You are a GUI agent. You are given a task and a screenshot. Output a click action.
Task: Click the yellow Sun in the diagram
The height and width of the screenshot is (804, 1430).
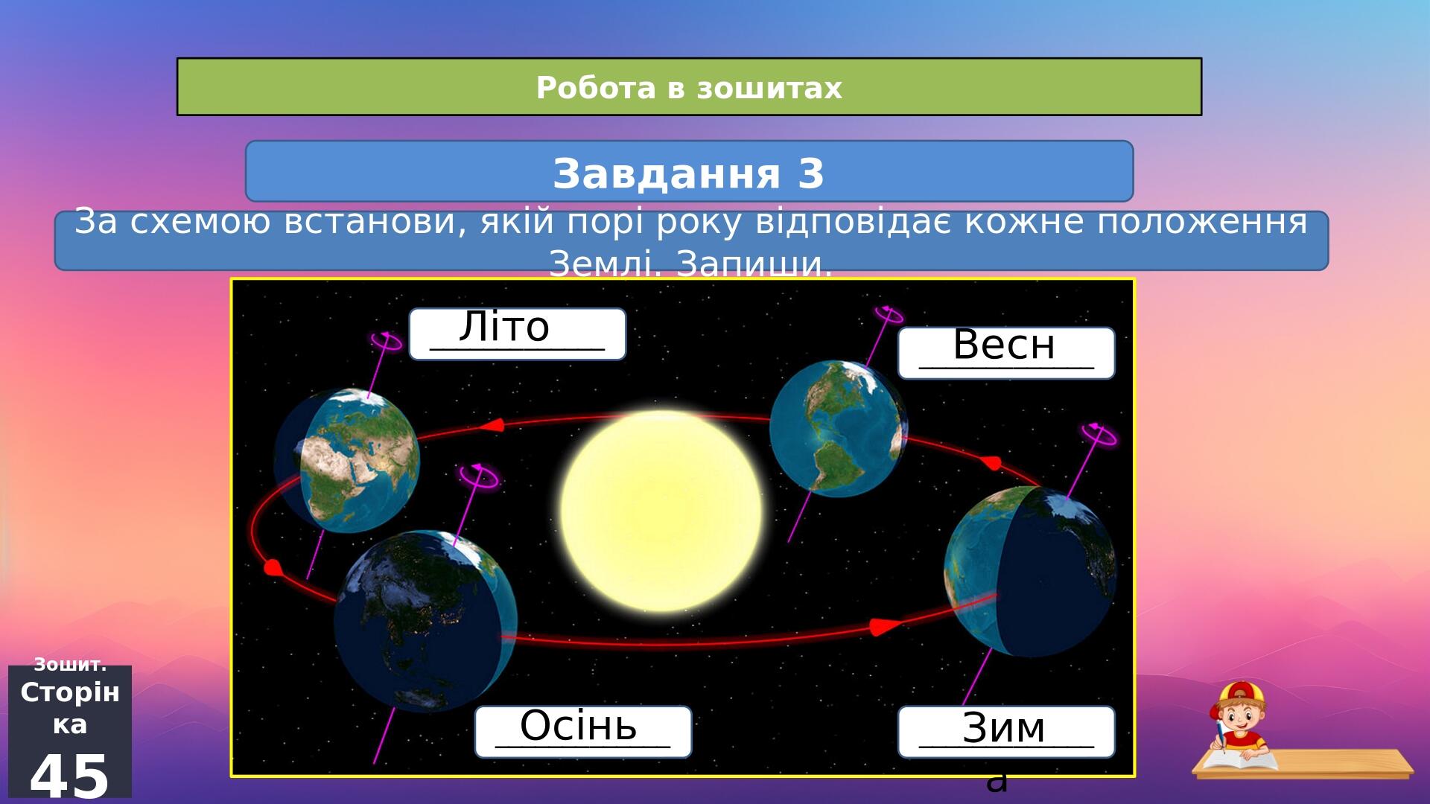coord(661,511)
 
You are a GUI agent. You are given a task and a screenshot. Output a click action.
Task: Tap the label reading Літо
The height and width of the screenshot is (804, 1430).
coord(504,327)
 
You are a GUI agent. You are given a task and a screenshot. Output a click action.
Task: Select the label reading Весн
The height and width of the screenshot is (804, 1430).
coord(1004,345)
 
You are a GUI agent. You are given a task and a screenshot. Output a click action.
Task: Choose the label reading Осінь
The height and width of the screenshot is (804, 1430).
coord(579,726)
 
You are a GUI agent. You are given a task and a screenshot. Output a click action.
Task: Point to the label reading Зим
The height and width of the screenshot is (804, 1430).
coord(1004,728)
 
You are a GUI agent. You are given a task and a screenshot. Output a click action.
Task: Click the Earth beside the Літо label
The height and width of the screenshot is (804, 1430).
coord(347,459)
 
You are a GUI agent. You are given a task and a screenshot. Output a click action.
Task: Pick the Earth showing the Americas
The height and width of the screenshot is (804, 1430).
coord(838,428)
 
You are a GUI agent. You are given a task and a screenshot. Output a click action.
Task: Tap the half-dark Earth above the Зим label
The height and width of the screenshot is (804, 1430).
coord(1030,571)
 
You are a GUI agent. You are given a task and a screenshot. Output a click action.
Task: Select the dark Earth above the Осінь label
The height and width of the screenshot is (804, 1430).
coord(425,621)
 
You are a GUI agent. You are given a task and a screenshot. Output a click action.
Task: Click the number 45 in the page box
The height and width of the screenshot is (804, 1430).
coord(69,776)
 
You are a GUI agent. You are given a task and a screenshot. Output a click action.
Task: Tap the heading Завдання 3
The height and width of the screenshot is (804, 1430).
coord(689,173)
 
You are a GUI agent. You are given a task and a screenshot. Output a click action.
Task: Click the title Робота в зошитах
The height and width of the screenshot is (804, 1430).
coord(689,88)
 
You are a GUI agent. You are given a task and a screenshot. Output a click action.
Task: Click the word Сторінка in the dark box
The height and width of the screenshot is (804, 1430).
coord(70,708)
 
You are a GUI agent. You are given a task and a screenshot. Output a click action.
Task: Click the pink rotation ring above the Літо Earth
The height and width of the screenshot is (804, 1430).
coord(386,342)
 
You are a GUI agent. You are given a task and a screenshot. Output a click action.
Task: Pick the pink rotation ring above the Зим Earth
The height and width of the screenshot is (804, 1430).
coord(1099,433)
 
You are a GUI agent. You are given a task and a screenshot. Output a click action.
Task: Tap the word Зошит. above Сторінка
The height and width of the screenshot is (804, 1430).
coord(70,665)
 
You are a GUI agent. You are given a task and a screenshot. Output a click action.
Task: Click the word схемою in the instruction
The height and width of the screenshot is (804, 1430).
coord(202,222)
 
